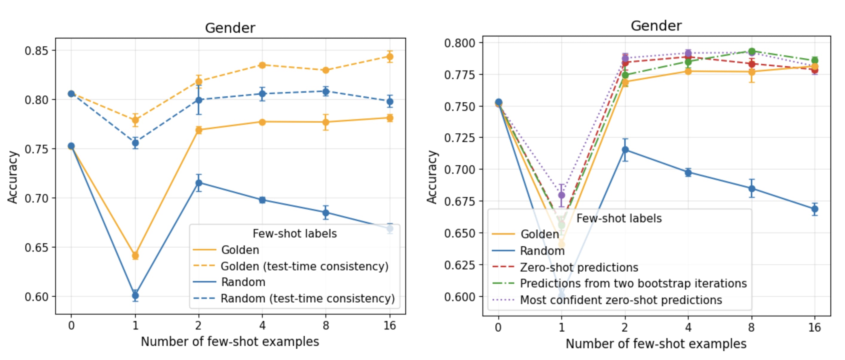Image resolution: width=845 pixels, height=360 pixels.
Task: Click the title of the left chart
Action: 230,28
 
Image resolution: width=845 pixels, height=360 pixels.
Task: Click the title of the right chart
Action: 656,26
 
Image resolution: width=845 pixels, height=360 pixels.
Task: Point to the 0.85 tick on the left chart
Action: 36,51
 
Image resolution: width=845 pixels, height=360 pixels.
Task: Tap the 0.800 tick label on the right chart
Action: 459,43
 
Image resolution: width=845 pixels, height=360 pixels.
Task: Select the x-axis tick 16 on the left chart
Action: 390,326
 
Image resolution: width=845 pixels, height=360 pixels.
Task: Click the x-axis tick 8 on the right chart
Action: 751,327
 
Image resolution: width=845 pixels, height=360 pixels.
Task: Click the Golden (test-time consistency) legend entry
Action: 304,266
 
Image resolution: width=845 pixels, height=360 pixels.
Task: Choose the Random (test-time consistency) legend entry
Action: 307,298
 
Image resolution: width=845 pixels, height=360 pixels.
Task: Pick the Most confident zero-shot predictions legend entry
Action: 621,300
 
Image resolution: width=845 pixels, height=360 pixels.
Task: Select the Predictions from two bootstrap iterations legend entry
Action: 633,283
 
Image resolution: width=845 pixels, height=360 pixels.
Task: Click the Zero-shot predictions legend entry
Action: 579,267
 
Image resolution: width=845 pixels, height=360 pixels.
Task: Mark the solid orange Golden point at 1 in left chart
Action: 135,255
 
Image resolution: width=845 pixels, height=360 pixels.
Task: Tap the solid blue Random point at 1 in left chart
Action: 135,296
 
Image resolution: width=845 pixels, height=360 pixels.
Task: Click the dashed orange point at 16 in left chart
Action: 390,57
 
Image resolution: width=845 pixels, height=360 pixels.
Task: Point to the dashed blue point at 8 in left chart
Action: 325,91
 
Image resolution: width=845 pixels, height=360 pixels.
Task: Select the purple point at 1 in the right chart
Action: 561,195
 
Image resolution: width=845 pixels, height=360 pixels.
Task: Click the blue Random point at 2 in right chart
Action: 625,150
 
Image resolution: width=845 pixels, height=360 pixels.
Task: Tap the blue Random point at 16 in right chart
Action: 815,209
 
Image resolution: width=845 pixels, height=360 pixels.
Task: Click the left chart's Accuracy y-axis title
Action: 13,177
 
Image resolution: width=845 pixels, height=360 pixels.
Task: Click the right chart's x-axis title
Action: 656,344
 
